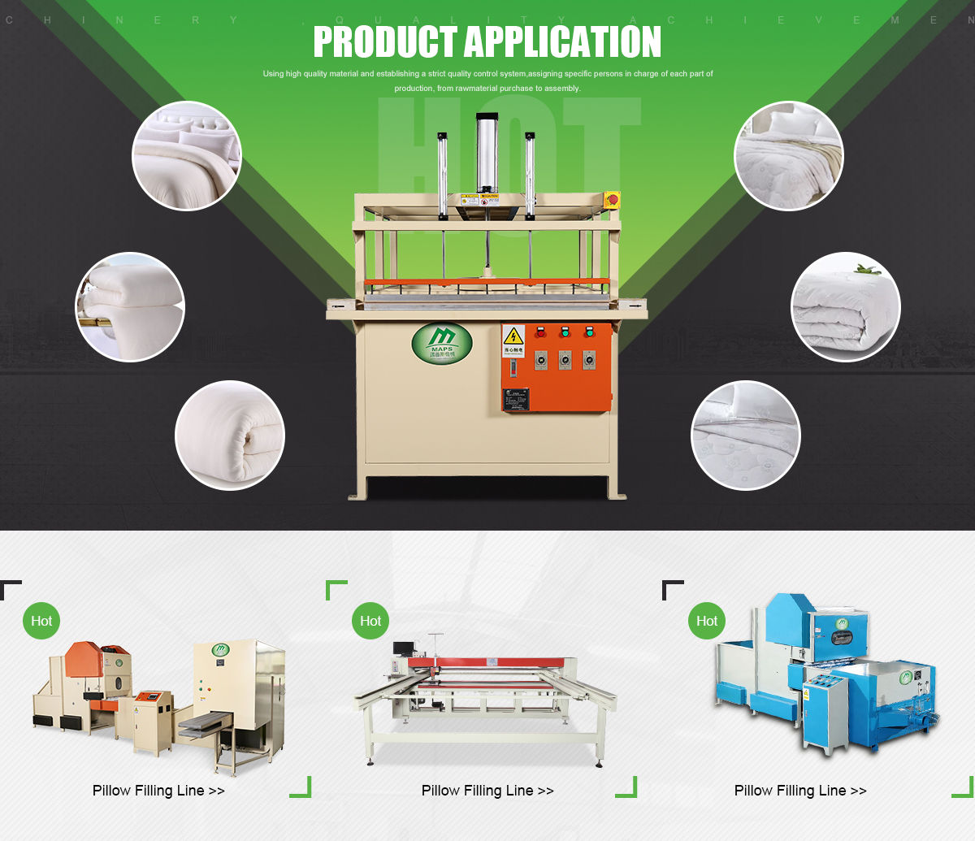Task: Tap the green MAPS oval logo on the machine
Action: (x=442, y=343)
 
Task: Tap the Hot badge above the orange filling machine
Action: (x=41, y=621)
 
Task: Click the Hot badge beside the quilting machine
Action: (x=370, y=621)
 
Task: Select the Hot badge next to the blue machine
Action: (x=707, y=621)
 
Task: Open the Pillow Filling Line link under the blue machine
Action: (x=800, y=791)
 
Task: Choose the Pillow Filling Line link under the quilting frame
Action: (x=487, y=791)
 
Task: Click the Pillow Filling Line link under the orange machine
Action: (x=158, y=791)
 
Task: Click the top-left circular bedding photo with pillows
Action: (x=187, y=155)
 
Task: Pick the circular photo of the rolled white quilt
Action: (x=230, y=436)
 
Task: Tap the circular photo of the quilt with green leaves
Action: (x=846, y=306)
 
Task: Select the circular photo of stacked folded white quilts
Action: (x=130, y=306)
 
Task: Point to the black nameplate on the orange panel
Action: (x=516, y=399)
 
